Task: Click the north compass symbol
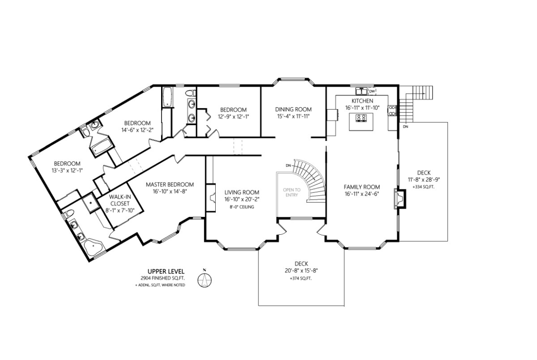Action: click(204, 279)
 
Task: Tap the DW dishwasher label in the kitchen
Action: click(372, 91)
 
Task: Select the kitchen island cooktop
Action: click(361, 118)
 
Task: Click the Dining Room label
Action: click(293, 110)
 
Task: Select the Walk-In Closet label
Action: click(119, 200)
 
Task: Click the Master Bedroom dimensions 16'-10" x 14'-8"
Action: click(170, 192)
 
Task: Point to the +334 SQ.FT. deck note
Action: click(424, 187)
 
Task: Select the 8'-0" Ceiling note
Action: click(242, 207)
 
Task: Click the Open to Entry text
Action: click(292, 192)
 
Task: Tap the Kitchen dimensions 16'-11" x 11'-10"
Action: click(362, 108)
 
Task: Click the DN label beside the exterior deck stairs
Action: click(405, 127)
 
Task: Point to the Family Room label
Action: click(362, 187)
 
